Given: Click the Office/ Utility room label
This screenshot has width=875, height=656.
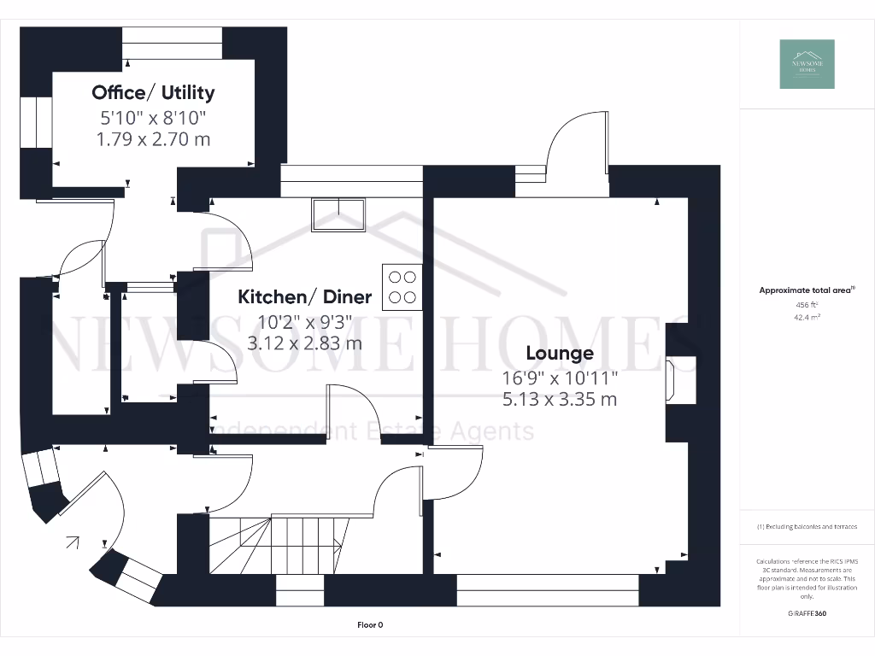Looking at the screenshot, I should click(153, 92).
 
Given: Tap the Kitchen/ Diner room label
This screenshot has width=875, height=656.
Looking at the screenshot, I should click(304, 297).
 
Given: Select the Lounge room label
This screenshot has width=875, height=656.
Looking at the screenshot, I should click(559, 353).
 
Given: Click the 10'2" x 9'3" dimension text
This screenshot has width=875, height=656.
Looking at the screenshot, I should click(304, 323).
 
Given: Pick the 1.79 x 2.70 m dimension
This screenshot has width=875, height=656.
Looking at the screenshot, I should click(153, 138).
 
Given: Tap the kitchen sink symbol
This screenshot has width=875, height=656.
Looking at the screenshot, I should click(339, 214).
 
